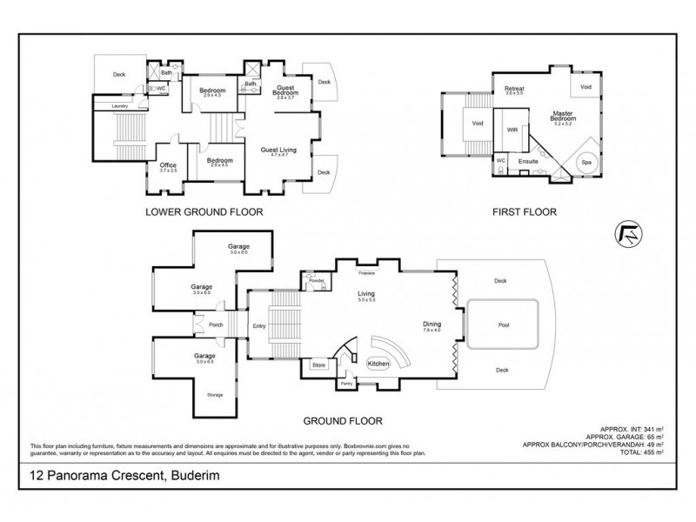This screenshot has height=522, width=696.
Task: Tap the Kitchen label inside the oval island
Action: [x=379, y=363]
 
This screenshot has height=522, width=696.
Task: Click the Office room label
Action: [x=168, y=167]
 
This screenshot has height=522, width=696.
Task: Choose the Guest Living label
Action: [x=278, y=151]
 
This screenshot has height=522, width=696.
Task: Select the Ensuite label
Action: [x=528, y=162]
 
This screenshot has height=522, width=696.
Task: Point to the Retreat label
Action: [x=513, y=89]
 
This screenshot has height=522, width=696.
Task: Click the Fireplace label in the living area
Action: [x=366, y=273]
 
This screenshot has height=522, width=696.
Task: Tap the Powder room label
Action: [x=315, y=281]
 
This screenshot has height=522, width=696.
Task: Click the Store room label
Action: [x=318, y=365]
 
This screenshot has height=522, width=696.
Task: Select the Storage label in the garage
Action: [x=214, y=395]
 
